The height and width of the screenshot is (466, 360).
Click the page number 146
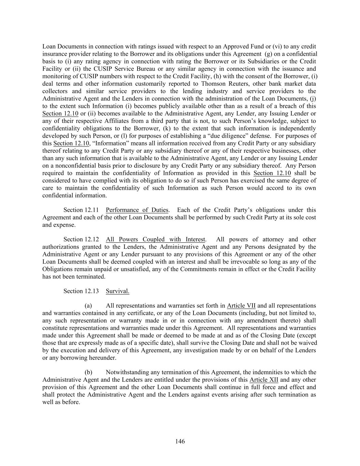[x=180, y=441]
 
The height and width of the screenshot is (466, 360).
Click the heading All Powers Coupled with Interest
[x=156, y=239]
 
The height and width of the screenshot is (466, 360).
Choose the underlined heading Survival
[x=117, y=291]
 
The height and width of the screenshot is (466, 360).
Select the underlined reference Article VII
[x=241, y=306]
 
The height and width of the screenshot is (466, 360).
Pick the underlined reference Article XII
[x=264, y=380]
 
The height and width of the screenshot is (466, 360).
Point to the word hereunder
[x=103, y=358]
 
